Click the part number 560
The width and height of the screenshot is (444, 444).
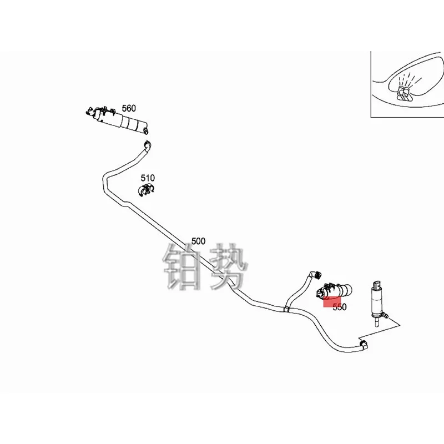coord(129,108)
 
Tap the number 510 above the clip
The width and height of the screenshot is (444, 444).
coord(148,178)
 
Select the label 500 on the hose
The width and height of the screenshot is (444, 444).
coord(198,241)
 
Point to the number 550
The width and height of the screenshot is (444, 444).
coord(339,307)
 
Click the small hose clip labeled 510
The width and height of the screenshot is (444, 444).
coord(146,191)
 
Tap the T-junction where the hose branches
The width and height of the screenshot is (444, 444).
coord(286,307)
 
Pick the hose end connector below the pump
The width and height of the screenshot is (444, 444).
coord(363,346)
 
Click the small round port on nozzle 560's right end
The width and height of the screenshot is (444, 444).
coord(146,130)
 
